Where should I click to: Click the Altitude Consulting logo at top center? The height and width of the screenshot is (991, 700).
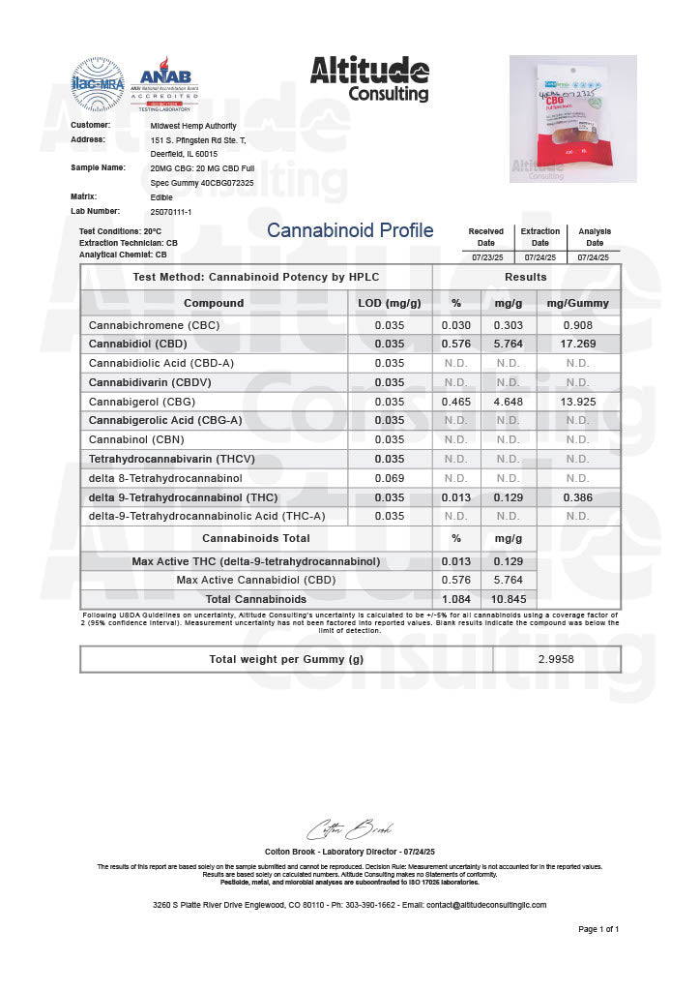(369, 78)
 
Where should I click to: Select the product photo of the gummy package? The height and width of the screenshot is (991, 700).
(572, 118)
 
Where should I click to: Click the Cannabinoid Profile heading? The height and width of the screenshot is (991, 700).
(350, 230)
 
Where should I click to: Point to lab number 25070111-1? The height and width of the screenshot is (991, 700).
(171, 210)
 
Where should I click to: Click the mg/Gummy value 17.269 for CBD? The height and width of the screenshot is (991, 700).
(577, 344)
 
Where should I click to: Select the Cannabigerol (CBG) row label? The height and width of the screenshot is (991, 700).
(141, 401)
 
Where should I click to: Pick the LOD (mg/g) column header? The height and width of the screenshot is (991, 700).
(389, 303)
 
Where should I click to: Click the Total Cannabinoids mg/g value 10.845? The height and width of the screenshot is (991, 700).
(508, 599)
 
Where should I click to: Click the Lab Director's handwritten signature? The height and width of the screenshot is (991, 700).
(349, 830)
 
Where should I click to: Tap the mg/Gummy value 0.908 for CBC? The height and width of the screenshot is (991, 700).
(577, 325)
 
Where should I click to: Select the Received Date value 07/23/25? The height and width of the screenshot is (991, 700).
(485, 257)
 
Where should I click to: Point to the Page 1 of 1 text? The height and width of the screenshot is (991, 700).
(598, 929)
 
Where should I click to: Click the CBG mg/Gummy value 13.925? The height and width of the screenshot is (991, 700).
(577, 401)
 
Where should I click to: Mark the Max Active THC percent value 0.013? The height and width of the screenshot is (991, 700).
(456, 561)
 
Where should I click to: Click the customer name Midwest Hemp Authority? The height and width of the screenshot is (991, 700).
(193, 126)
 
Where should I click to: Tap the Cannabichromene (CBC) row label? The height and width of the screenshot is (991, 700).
(154, 325)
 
